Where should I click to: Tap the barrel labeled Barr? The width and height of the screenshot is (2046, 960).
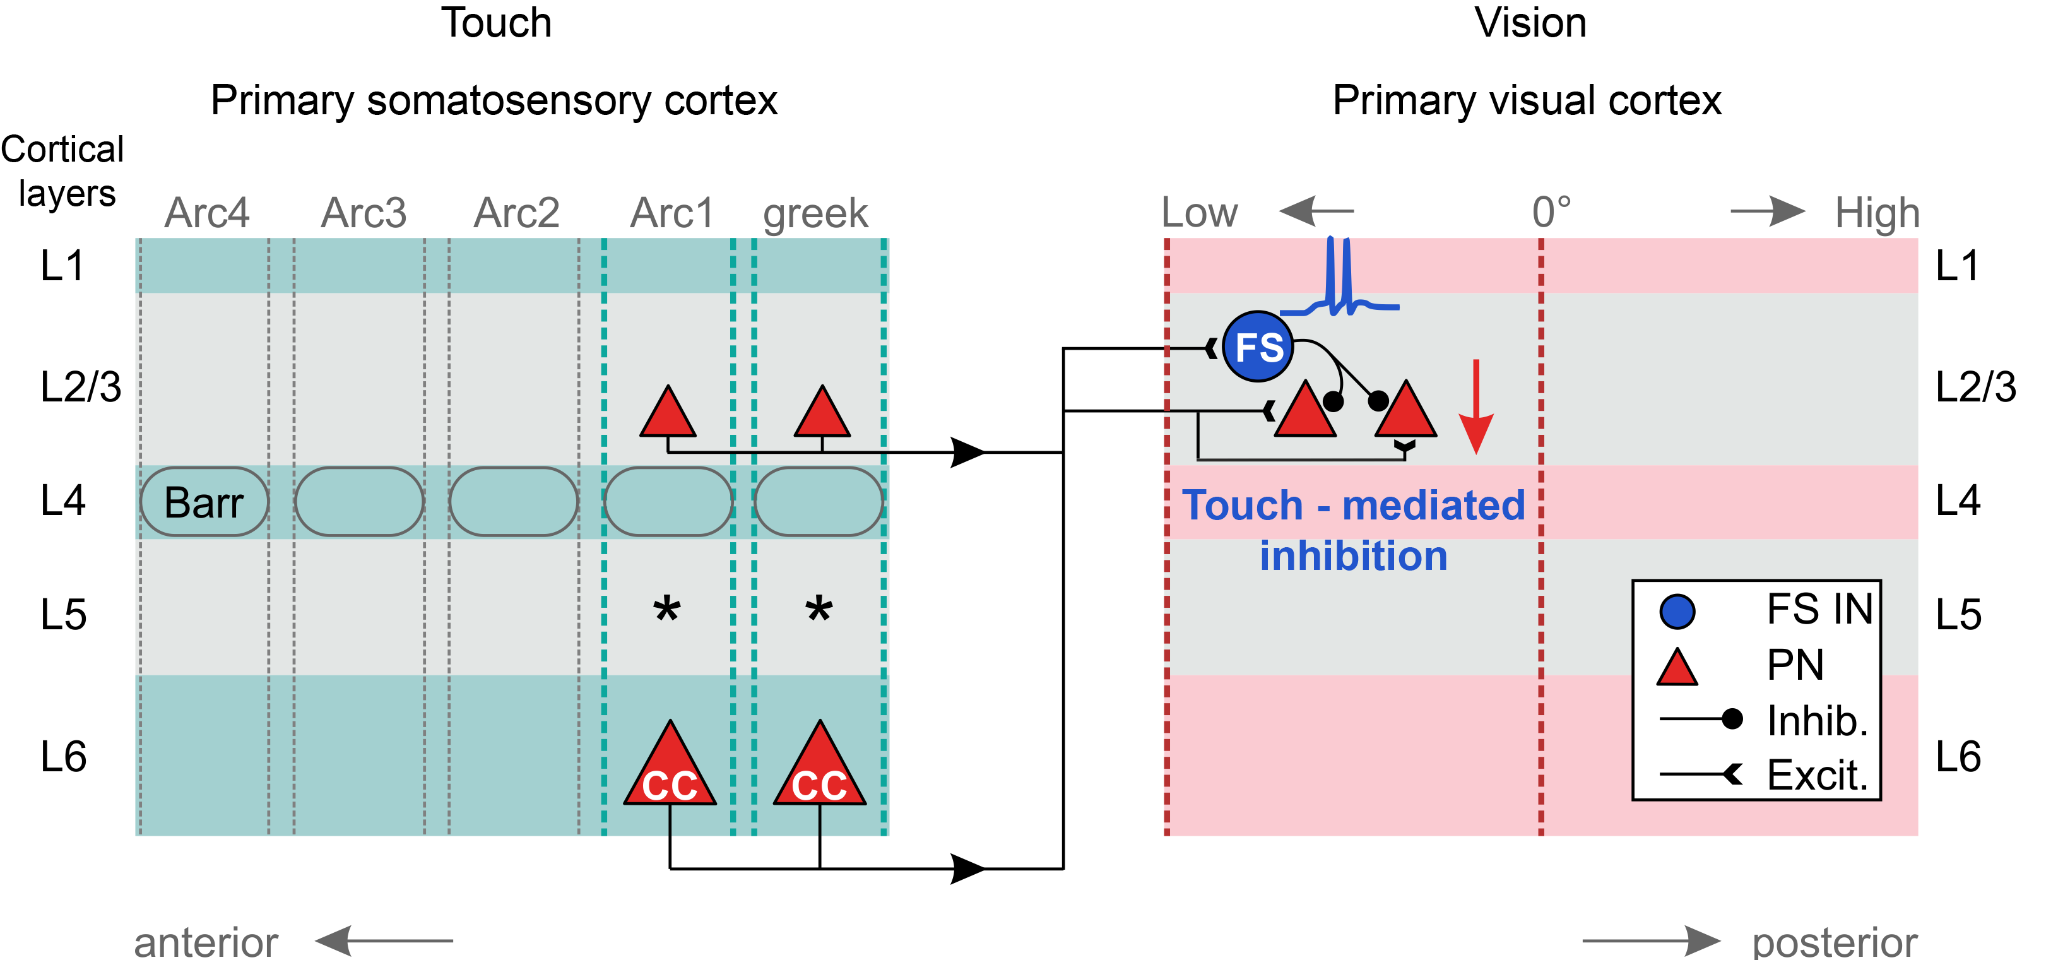point(204,502)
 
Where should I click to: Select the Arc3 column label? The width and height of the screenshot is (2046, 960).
point(363,213)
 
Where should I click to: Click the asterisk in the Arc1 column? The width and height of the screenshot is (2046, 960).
point(666,610)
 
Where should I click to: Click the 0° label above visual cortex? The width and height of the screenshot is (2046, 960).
point(1551,213)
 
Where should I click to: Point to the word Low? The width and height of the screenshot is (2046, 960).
point(1199,213)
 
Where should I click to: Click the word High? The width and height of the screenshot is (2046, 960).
point(1877,213)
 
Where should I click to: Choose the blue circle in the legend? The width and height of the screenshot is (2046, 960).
point(1677,612)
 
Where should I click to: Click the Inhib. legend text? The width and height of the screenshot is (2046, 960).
point(1818,720)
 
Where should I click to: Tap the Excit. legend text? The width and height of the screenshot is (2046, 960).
point(1818,774)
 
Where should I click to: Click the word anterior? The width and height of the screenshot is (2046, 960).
point(206,942)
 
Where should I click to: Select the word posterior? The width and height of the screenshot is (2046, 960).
point(1835,942)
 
